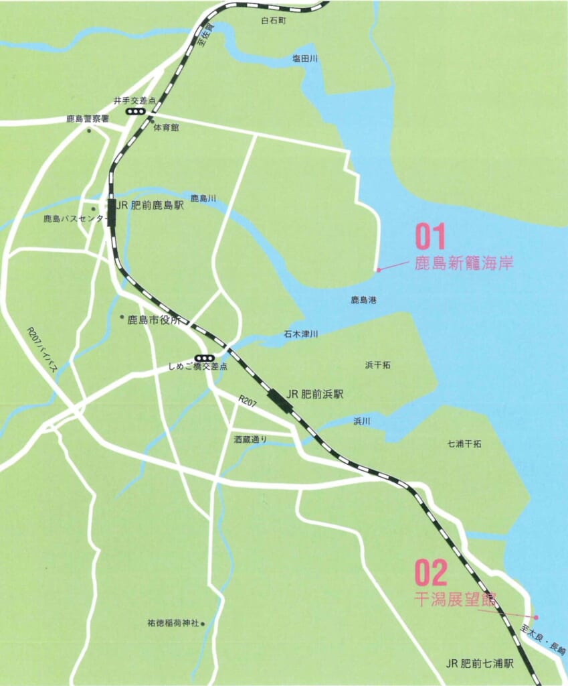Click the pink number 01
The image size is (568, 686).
click(x=430, y=238)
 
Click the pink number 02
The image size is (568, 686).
click(x=430, y=573)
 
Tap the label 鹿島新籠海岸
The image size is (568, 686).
click(x=464, y=263)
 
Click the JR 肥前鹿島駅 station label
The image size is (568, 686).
click(x=151, y=205)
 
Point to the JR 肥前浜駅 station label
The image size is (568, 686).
click(x=314, y=395)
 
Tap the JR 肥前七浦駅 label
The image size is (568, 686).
click(x=480, y=664)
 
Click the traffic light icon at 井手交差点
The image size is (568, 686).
click(x=136, y=111)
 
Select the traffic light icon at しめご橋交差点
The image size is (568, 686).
click(x=205, y=358)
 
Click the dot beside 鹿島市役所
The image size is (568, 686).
click(x=121, y=317)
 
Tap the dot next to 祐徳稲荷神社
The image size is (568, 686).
click(x=203, y=623)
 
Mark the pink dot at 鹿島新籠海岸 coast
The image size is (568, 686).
click(x=378, y=270)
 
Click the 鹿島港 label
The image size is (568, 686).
click(x=363, y=300)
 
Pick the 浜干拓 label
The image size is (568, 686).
click(x=378, y=365)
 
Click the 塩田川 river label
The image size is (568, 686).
click(x=305, y=59)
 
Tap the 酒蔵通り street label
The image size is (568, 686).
click(x=250, y=440)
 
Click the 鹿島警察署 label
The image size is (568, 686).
click(x=88, y=119)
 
